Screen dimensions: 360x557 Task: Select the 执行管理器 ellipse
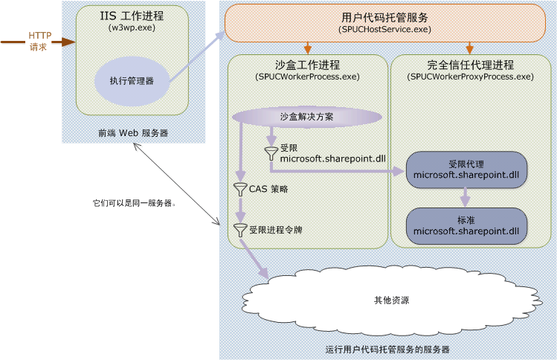click(132, 80)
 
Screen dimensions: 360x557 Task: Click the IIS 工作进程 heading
click(132, 15)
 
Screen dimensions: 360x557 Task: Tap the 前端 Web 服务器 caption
click(133, 132)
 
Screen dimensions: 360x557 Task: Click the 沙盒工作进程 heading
click(307, 65)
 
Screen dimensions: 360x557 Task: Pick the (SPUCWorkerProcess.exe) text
click(307, 77)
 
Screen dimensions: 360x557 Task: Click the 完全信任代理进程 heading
click(471, 65)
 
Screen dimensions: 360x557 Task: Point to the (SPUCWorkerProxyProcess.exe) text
click(471, 77)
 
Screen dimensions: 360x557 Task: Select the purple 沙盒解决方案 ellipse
click(307, 117)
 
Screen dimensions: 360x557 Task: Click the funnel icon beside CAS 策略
click(240, 189)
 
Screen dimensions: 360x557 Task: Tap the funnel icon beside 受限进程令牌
click(240, 230)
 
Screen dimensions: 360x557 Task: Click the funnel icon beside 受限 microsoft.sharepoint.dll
click(271, 153)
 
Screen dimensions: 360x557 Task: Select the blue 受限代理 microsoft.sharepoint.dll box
click(466, 168)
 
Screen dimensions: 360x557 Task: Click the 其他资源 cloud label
click(391, 301)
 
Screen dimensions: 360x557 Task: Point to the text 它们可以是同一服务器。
click(134, 202)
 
